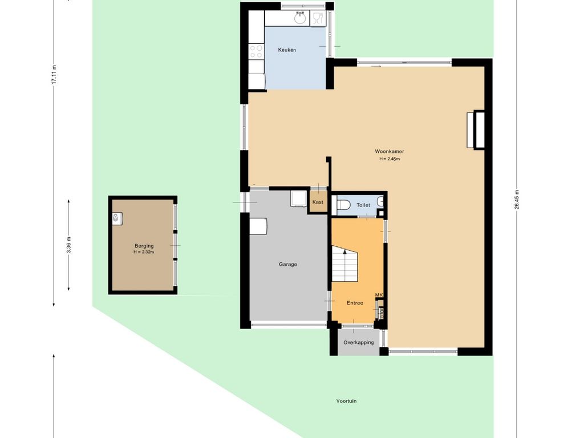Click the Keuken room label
tap(287, 50)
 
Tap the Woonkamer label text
tap(389, 152)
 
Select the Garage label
tap(288, 265)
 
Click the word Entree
tap(355, 303)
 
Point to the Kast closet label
tap(318, 202)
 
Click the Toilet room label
tap(363, 205)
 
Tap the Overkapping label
tap(358, 343)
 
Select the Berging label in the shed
tap(144, 246)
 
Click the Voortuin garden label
tap(346, 401)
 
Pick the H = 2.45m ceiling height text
tap(390, 159)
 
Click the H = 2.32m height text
tap(144, 252)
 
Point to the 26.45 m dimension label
tap(517, 200)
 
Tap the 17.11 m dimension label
tap(54, 75)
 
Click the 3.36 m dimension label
tap(68, 245)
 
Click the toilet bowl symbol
tap(343, 205)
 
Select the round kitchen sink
tap(300, 18)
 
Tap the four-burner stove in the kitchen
tap(256, 51)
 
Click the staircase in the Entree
tap(345, 263)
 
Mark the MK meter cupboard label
tap(379, 295)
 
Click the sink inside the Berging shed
tap(117, 218)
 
